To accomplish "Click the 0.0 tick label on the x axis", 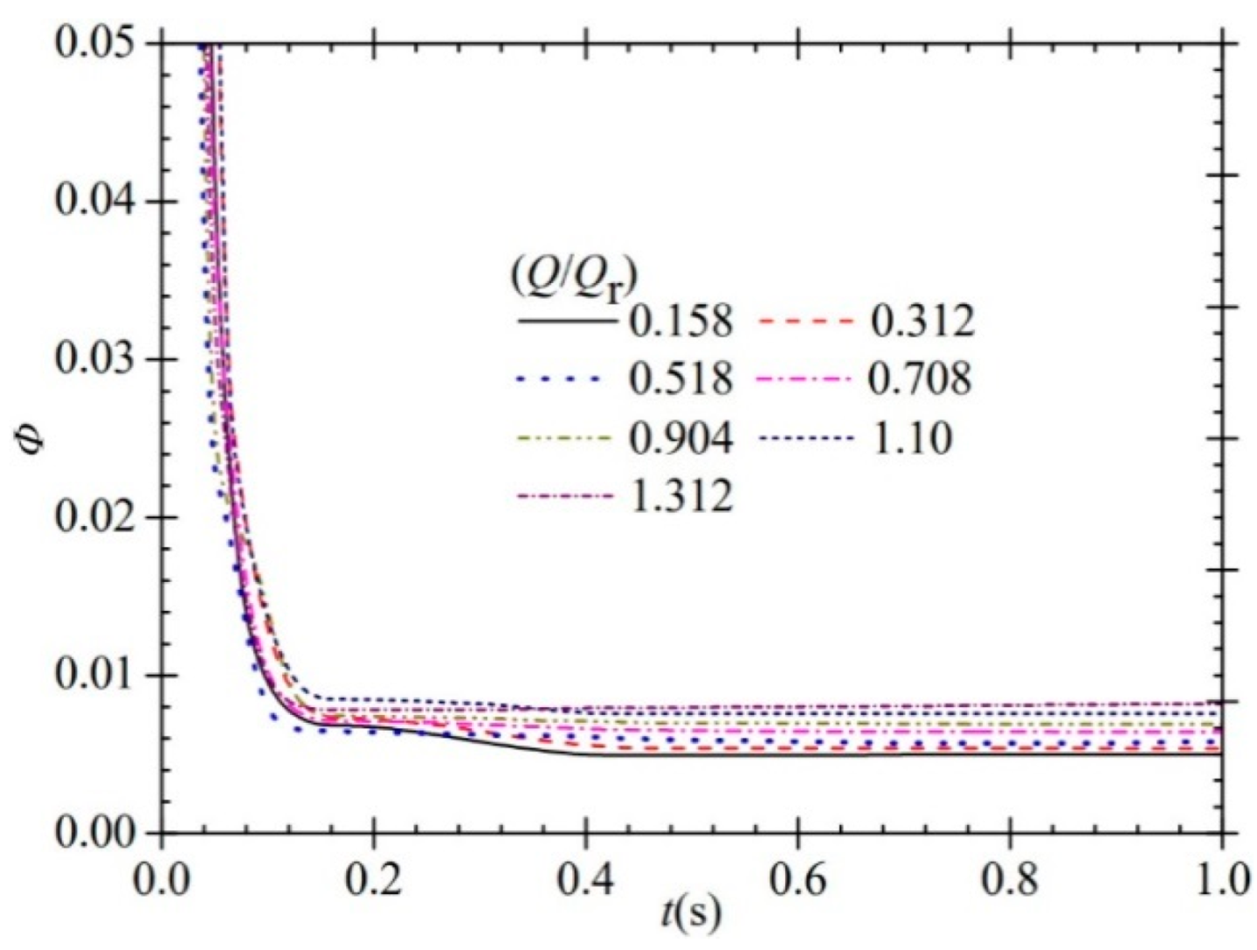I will [x=162, y=878].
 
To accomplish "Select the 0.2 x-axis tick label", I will [x=374, y=878].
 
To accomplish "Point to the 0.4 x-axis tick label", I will [x=586, y=878].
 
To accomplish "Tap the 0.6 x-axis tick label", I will [x=798, y=878].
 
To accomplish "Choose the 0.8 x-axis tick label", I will [x=1011, y=878].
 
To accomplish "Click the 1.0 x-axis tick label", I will [x=1220, y=878].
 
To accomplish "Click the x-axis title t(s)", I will [x=691, y=913].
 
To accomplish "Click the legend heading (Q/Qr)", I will [x=573, y=280].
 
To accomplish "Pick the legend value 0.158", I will [x=680, y=322].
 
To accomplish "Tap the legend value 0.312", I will [x=921, y=322].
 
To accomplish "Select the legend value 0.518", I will [x=680, y=379].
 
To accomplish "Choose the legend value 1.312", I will [x=680, y=496].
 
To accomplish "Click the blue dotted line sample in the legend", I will [x=560, y=379].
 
